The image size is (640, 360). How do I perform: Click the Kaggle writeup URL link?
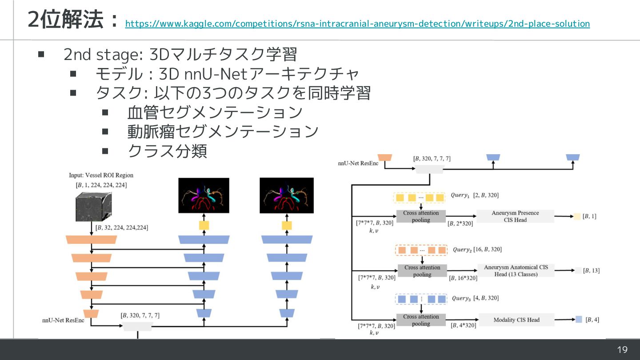pos(357,24)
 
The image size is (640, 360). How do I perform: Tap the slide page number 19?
pos(622,350)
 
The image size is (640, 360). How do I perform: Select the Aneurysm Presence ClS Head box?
pos(515,216)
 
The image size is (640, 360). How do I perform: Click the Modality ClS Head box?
pos(516,320)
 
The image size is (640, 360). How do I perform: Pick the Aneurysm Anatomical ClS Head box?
pos(516,271)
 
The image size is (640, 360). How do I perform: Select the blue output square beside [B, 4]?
pos(579,319)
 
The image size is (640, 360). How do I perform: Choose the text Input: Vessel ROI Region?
pos(101,176)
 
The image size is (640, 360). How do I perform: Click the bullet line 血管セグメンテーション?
pos(215,112)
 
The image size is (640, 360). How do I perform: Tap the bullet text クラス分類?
pos(167,151)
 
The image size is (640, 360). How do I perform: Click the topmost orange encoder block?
pos(91,240)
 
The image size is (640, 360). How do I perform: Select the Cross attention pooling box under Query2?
pos(422,271)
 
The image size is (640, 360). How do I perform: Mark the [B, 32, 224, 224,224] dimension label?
pos(122,228)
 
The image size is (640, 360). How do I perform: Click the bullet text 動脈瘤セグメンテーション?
pos(223,132)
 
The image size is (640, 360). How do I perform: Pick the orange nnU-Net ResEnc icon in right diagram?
pos(384,157)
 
